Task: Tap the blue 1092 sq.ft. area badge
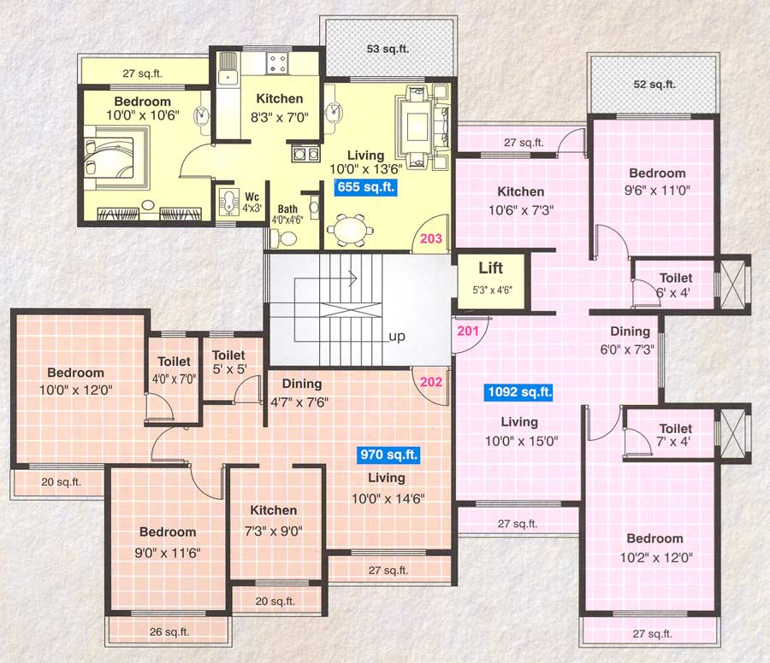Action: pyautogui.click(x=519, y=393)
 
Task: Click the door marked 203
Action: pyautogui.click(x=431, y=238)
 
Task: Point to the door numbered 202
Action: pyautogui.click(x=431, y=381)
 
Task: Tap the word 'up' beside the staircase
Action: pyautogui.click(x=397, y=336)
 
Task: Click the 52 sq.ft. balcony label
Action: pyautogui.click(x=654, y=85)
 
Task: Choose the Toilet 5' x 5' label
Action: pyautogui.click(x=228, y=361)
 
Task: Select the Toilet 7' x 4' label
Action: pyautogui.click(x=676, y=435)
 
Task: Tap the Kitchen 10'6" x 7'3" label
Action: pyautogui.click(x=520, y=200)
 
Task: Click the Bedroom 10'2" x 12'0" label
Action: pyautogui.click(x=654, y=547)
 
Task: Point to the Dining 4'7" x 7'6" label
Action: pyautogui.click(x=296, y=392)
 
